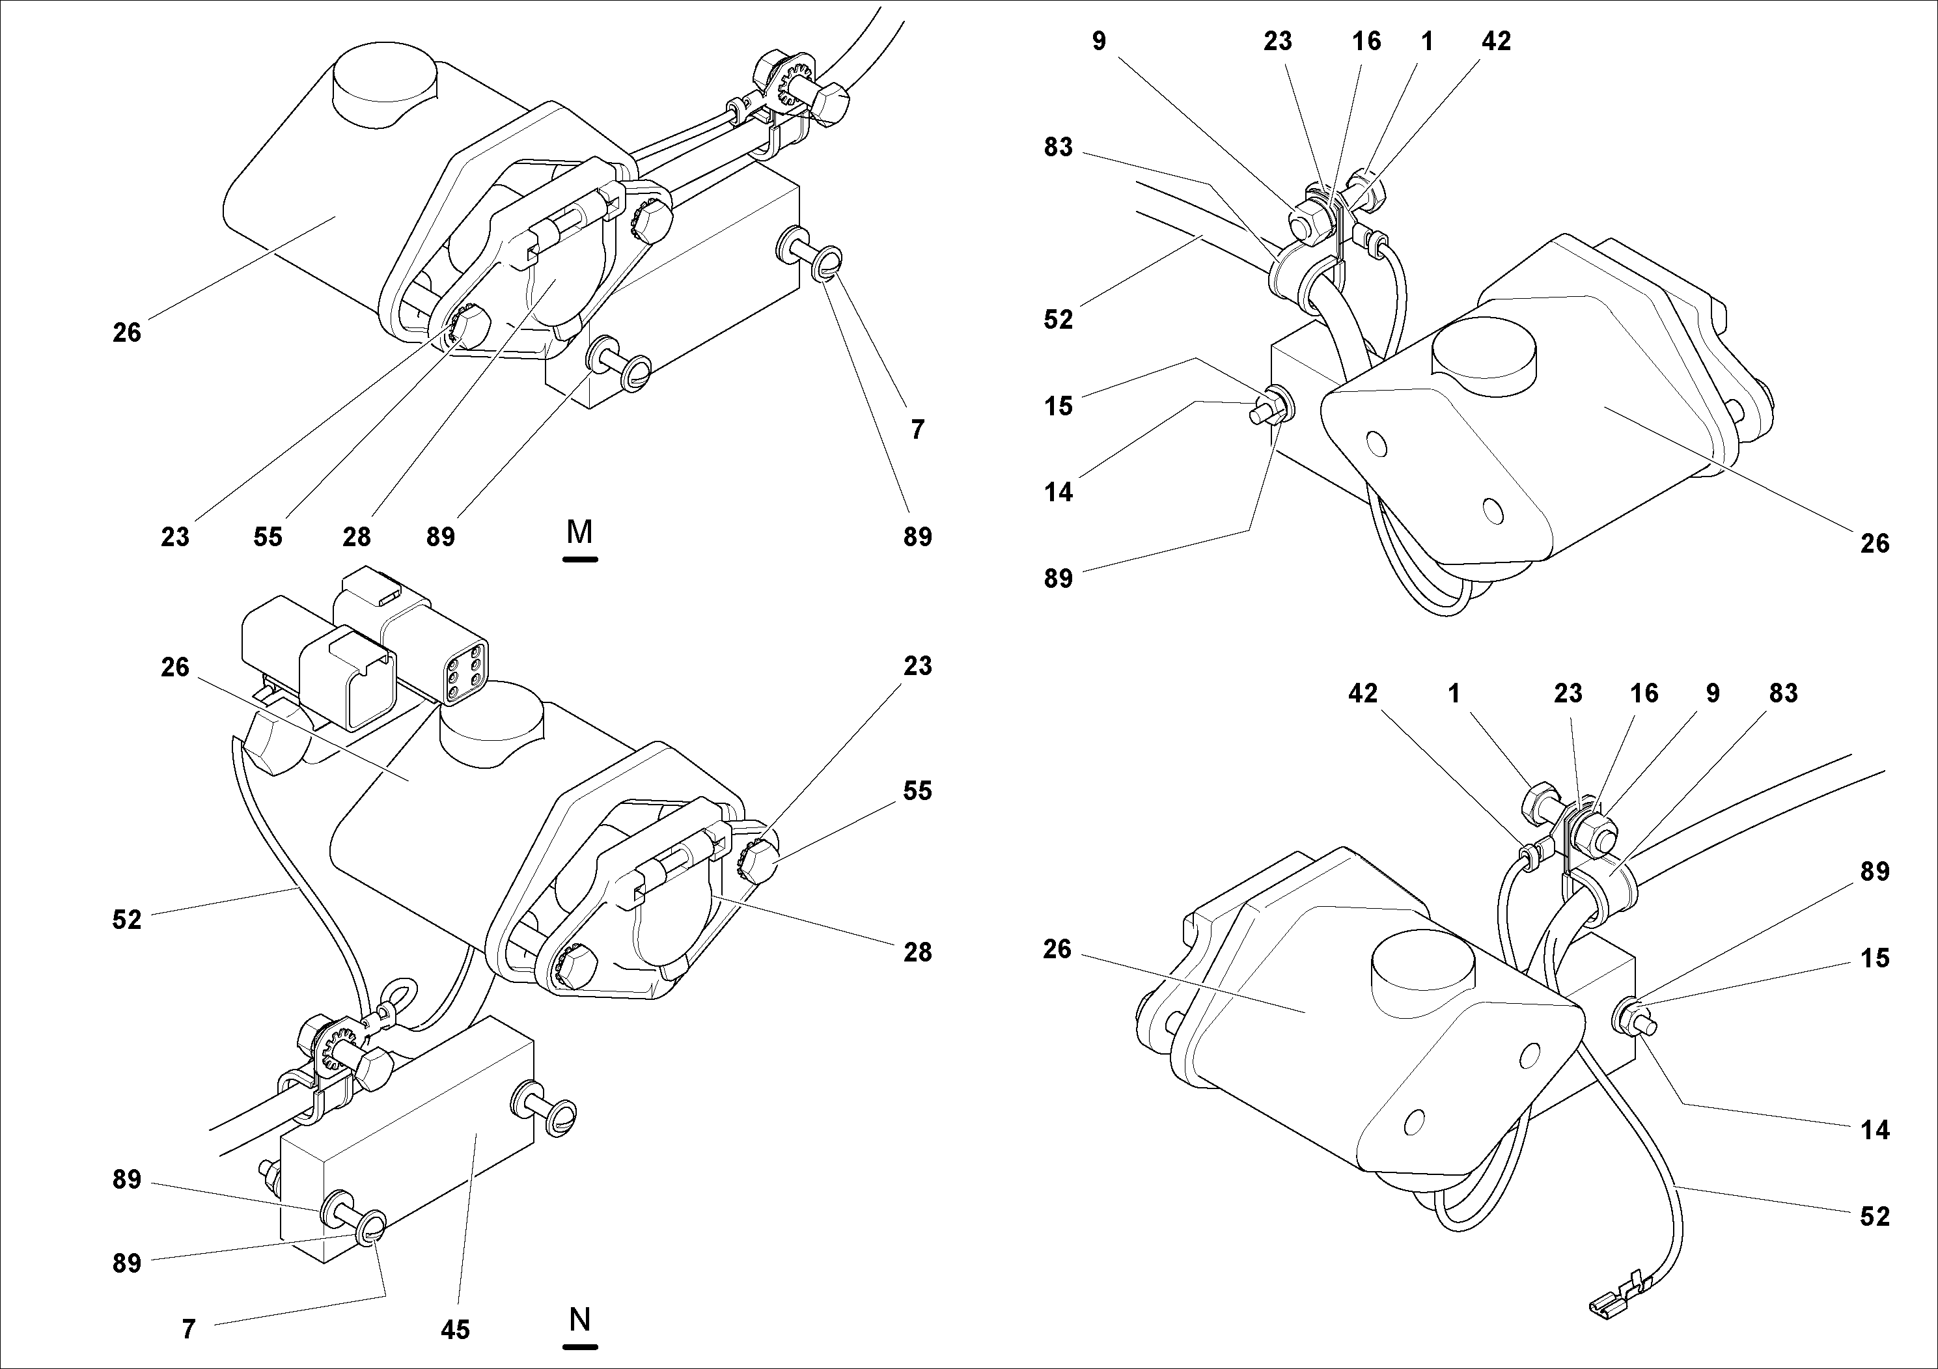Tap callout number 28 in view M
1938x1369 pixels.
356,537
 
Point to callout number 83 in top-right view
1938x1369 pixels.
1058,147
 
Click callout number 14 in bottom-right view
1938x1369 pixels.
1875,1130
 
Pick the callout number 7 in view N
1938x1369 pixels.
189,1330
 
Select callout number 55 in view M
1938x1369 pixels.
268,537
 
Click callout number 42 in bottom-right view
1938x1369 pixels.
1363,693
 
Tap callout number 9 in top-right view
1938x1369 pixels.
1098,40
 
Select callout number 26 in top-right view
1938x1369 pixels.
1875,544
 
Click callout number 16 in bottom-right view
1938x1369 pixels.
1643,693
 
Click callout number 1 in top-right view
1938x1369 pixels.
1426,40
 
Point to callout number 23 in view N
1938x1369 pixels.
917,666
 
